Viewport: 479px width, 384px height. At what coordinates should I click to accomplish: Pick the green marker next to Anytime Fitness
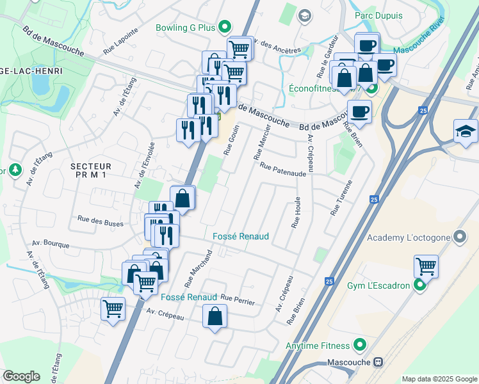tap(361, 346)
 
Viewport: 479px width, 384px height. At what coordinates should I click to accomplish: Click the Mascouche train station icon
tap(378, 362)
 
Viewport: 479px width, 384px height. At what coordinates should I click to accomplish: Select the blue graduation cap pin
tap(465, 131)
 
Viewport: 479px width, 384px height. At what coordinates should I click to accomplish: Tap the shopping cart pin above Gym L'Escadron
tap(425, 265)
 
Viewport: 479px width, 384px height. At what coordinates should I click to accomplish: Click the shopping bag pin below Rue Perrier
tap(215, 316)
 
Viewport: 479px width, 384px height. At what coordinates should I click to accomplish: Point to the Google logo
tap(21, 376)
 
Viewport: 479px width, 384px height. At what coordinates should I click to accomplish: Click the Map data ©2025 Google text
tap(439, 379)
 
